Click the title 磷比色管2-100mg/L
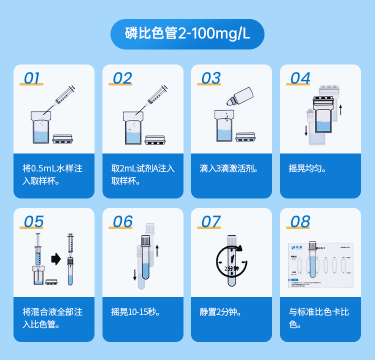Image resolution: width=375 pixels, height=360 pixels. coord(187,34)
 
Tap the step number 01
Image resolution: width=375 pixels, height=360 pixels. coord(32,78)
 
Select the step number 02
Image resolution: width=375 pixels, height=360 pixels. coord(122,78)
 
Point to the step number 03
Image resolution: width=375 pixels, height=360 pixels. coord(210,78)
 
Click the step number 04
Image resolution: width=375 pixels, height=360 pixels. coord(300,78)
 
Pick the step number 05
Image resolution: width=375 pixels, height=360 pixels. coord(33,222)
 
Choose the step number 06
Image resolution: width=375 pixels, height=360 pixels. coord(122,222)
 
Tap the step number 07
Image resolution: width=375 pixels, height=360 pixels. coord(210,222)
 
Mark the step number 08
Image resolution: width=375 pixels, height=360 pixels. coord(300,222)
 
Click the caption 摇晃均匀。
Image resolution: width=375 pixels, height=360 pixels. coord(307,168)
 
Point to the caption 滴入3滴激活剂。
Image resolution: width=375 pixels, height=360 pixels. coord(229,168)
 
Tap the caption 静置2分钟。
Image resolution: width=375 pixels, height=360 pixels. coord(220,312)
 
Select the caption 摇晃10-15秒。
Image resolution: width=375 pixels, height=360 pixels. coord(135,312)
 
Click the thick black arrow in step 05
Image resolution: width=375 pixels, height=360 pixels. coord(54,259)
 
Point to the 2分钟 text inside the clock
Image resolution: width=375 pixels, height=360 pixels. coord(231,268)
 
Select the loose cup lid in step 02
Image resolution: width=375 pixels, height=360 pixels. coord(154,139)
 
